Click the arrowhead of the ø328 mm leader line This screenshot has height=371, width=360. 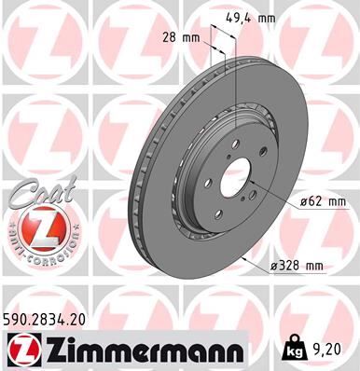(245, 254)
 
